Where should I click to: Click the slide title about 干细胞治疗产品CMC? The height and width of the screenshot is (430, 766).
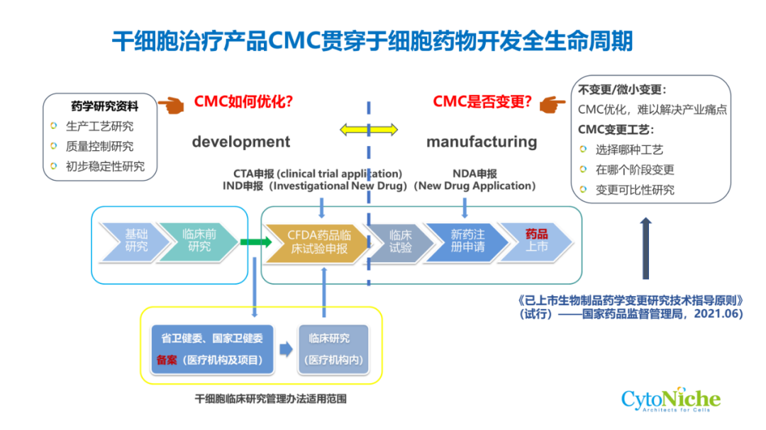[372, 40]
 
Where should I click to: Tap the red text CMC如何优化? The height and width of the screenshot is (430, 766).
[243, 101]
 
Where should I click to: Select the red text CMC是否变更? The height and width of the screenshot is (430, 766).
[482, 101]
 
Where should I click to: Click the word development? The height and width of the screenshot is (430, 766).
[240, 142]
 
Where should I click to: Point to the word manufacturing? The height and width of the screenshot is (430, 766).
[482, 142]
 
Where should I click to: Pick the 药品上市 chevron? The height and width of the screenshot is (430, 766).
[536, 241]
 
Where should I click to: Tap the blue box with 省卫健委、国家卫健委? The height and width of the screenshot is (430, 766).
[212, 349]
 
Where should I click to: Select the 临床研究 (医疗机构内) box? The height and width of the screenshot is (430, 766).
[333, 349]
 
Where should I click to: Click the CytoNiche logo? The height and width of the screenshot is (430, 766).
[670, 401]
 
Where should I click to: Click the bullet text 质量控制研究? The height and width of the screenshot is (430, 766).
[99, 147]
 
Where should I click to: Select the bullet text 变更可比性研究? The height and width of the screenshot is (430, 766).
[635, 190]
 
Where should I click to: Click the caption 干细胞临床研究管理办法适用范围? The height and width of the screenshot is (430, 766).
[271, 400]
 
